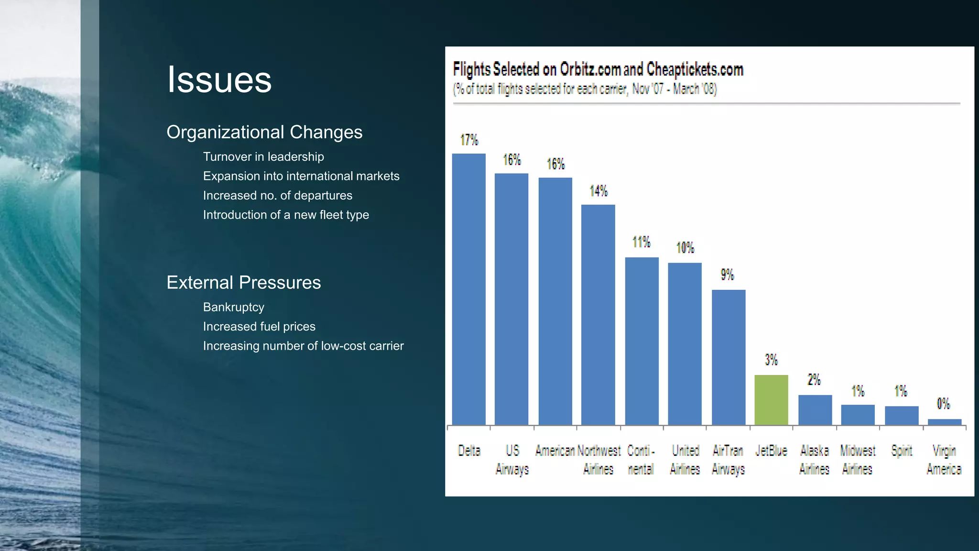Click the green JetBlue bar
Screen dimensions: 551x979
tap(771, 400)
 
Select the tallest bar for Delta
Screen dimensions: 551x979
tap(468, 289)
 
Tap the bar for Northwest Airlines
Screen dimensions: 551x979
tap(598, 315)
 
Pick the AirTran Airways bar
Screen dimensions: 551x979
tap(728, 357)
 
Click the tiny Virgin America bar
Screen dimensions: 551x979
tap(944, 422)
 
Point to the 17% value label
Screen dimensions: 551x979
tap(469, 140)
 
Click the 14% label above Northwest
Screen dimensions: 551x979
tap(598, 191)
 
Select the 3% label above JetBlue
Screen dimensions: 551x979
tap(771, 360)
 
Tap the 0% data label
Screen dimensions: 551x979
tap(943, 404)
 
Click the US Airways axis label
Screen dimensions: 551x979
tap(512, 460)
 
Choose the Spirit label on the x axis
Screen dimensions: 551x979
tap(902, 451)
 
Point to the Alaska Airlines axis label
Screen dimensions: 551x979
tap(814, 460)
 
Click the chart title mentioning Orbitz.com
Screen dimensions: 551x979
tap(598, 69)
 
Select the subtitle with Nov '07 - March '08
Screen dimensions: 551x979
tap(585, 89)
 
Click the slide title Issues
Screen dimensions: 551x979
tap(219, 79)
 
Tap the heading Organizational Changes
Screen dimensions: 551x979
tap(264, 132)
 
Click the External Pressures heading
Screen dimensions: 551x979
tap(243, 282)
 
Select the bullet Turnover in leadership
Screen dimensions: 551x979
tap(263, 157)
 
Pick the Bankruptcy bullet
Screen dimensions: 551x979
tap(233, 307)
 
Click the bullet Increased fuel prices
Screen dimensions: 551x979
tap(259, 327)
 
